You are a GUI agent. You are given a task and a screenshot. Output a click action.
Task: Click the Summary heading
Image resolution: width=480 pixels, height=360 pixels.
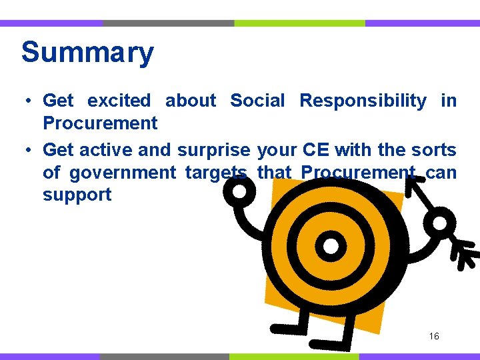87,52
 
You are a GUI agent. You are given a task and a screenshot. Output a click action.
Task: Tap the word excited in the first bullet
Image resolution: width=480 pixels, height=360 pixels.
119,101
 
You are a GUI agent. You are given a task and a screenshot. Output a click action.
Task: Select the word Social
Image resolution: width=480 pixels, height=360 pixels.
257,101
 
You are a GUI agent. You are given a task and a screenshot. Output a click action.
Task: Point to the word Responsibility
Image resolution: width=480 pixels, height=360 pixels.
363,101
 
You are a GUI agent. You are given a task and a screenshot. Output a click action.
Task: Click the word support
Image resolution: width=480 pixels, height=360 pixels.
77,195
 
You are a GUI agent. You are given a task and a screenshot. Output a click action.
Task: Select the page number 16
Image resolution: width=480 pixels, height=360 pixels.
434,337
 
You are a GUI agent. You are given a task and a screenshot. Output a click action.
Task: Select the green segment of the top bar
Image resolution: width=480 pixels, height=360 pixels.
299,23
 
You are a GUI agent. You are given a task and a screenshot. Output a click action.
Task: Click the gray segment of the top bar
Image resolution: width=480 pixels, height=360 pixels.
168,23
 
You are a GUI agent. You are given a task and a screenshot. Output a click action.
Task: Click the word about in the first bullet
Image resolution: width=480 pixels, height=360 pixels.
191,101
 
